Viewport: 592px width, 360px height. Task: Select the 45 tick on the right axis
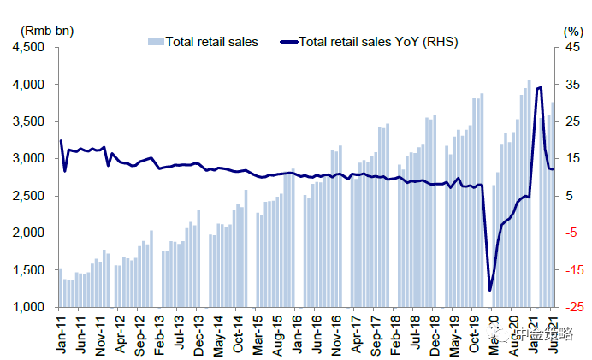[571, 48]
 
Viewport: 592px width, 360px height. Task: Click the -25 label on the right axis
[571, 307]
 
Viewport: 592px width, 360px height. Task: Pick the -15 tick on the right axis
[571, 270]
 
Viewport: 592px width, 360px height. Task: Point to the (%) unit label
[572, 30]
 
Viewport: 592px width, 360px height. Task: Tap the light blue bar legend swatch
[155, 41]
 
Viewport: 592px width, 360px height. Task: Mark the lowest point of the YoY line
[489, 290]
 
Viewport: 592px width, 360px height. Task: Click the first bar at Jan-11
[60, 287]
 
